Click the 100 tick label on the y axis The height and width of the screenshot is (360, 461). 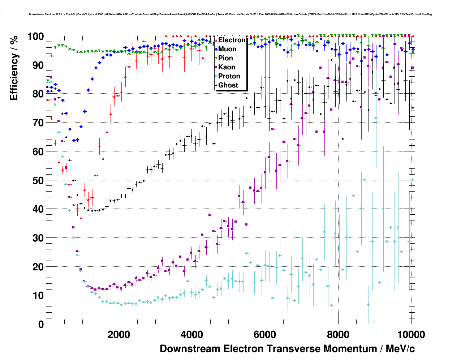pyautogui.click(x=36, y=37)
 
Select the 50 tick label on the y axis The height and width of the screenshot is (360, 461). pyautogui.click(x=38, y=180)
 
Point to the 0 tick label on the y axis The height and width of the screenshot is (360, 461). pyautogui.click(x=41, y=324)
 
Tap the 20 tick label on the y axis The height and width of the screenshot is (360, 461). pyautogui.click(x=38, y=267)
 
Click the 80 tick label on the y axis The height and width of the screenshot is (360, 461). pyautogui.click(x=38, y=94)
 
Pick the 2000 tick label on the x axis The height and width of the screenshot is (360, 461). pyautogui.click(x=119, y=335)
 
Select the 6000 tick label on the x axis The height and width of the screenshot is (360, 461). pyautogui.click(x=265, y=335)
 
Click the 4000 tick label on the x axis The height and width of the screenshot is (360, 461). pyautogui.click(x=192, y=335)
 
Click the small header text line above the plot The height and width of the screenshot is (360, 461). pyautogui.click(x=230, y=14)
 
